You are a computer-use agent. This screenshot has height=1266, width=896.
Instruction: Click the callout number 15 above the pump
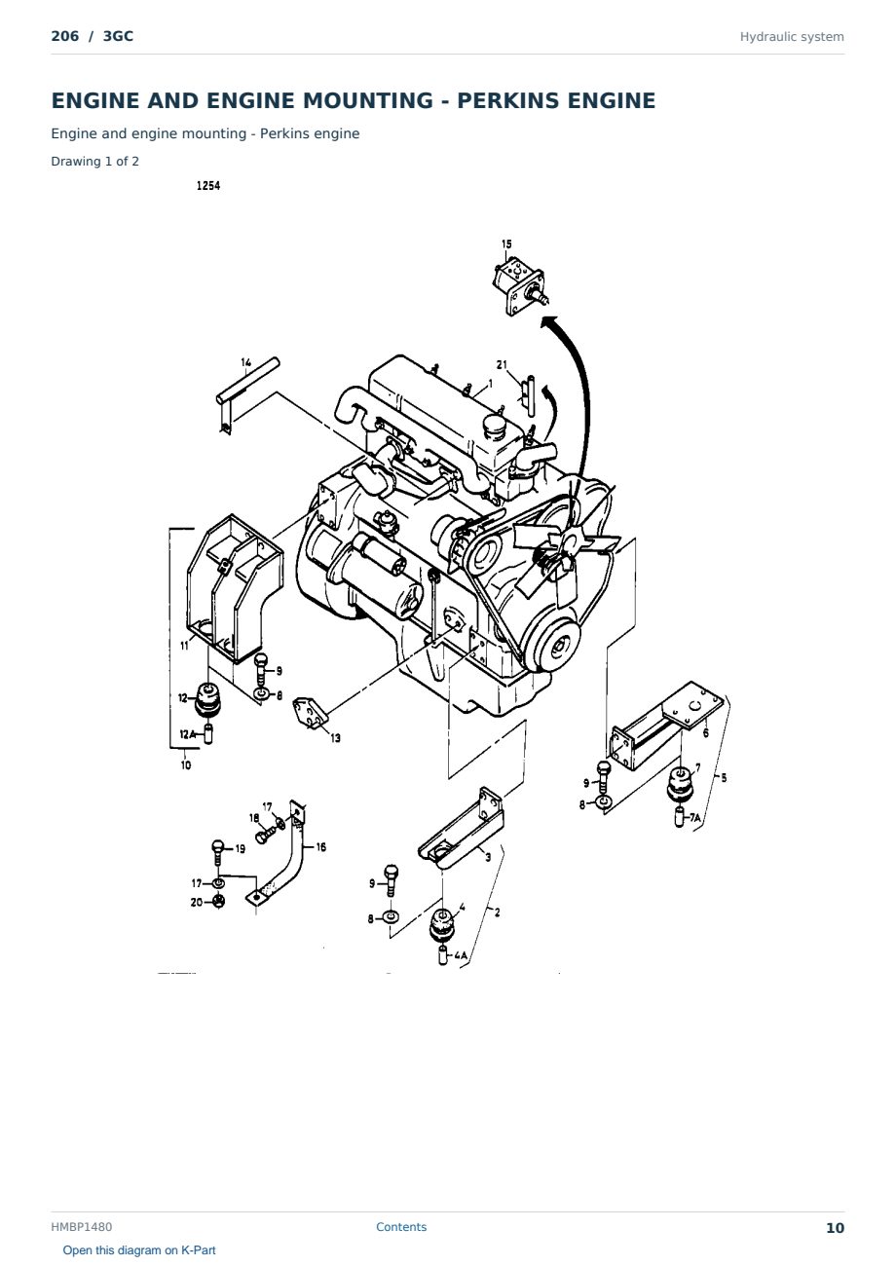[506, 244]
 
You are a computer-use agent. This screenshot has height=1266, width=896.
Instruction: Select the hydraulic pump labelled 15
[519, 286]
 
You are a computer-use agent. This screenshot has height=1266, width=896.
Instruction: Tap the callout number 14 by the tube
[245, 362]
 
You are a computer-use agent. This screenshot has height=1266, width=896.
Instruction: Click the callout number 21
[502, 365]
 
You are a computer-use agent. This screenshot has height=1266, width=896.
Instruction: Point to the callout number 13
[336, 738]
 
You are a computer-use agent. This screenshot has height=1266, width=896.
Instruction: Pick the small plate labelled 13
[310, 713]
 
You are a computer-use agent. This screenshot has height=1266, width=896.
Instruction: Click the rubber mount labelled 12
[207, 699]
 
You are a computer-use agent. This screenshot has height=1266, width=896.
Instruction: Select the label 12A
[187, 734]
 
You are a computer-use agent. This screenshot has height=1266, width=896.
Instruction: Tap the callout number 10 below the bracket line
[186, 765]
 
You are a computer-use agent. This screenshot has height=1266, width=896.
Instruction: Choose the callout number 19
[241, 849]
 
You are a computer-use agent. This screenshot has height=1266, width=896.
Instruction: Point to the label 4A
[461, 955]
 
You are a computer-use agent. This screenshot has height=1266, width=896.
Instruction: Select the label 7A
[694, 818]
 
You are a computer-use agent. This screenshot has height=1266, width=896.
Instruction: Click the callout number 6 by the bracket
[705, 733]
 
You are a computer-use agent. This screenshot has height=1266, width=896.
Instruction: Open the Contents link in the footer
[401, 1227]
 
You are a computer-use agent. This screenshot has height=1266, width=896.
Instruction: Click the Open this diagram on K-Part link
[139, 1250]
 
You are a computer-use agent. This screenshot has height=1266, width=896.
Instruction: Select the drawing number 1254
[208, 186]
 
